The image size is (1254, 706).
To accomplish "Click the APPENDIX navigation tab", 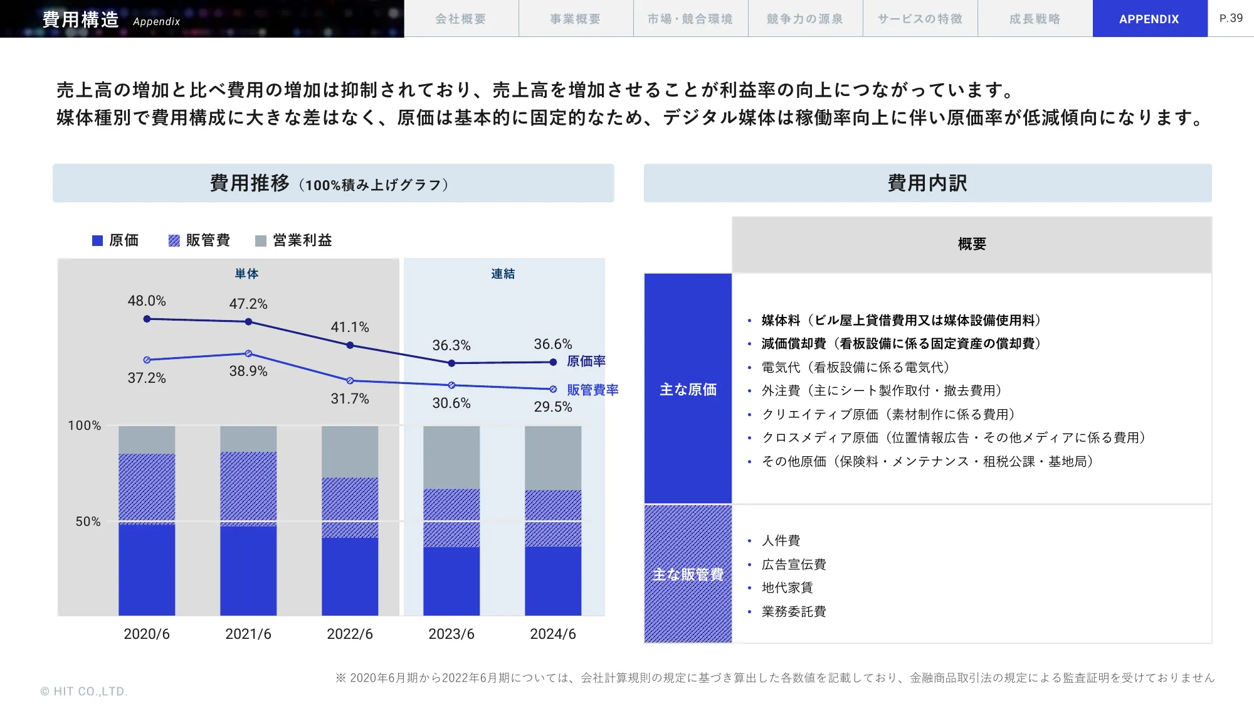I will (x=1149, y=19).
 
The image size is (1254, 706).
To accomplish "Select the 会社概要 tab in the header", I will (x=461, y=19).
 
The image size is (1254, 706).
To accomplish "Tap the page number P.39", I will (x=1231, y=18).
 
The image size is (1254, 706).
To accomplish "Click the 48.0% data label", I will (x=147, y=301).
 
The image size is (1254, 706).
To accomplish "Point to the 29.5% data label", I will (x=552, y=407).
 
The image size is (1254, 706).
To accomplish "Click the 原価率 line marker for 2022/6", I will (x=350, y=345).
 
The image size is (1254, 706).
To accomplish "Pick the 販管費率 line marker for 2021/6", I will (x=248, y=353).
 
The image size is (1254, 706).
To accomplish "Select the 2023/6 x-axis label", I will (x=451, y=634).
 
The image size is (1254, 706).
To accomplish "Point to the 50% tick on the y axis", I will (x=88, y=521).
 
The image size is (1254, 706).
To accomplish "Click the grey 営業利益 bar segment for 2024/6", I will (x=552, y=458).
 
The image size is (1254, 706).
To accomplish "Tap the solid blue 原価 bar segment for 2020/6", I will (x=147, y=570).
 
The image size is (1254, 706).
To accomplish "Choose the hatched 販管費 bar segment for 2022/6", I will (x=350, y=507).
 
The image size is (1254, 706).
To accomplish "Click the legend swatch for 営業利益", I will (x=261, y=241).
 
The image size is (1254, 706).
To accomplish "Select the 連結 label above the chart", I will (x=503, y=274).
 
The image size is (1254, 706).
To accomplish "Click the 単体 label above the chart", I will (x=246, y=274).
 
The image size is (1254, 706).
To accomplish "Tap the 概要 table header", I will (x=971, y=244).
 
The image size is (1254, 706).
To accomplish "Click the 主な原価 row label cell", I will (x=688, y=389).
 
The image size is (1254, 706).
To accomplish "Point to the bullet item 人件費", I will (x=781, y=540).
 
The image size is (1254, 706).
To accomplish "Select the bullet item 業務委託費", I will (x=794, y=611).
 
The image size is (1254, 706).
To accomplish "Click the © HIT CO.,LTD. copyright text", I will (x=84, y=691).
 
